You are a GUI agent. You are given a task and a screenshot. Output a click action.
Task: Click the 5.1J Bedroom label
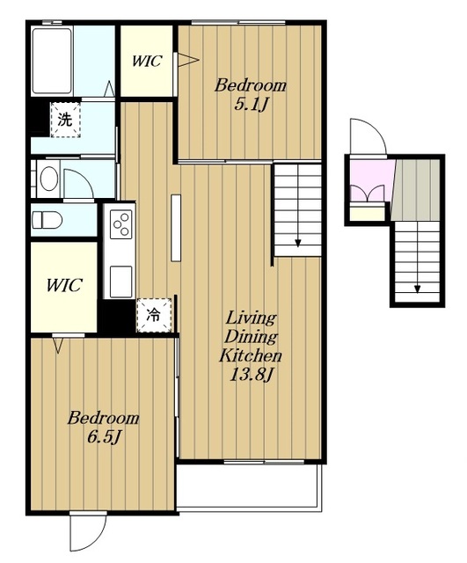click(250, 95)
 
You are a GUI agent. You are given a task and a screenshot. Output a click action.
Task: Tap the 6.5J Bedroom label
click(104, 428)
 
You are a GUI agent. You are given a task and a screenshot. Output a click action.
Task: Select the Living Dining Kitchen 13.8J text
click(250, 346)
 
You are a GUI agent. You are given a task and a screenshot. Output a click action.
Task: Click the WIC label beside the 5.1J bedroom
click(147, 61)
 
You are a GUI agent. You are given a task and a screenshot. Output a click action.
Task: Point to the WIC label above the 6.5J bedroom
click(64, 285)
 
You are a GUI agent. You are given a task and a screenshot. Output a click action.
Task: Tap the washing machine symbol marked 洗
click(65, 120)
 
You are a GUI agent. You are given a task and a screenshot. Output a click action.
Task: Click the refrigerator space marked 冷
click(153, 315)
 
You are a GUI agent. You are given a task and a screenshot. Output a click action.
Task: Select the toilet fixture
click(47, 220)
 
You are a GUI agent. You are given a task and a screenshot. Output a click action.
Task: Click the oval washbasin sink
click(49, 179)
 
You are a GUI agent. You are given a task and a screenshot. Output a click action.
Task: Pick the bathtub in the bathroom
click(52, 61)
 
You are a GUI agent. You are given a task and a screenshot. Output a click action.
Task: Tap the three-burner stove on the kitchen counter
click(121, 224)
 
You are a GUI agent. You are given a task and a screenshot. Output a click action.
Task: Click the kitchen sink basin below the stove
click(121, 281)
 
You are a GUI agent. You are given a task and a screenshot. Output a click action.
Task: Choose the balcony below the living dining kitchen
click(248, 486)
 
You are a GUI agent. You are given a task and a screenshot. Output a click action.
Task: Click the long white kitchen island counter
click(176, 228)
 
